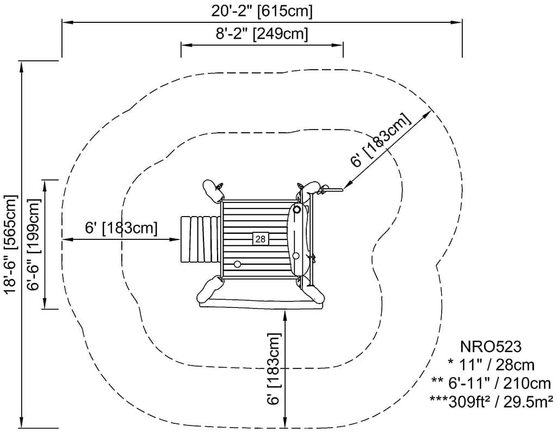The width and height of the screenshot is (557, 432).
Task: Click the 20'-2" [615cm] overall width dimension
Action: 262,10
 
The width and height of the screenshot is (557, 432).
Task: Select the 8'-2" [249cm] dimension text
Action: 262,34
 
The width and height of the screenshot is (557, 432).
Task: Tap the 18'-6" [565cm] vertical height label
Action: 10,244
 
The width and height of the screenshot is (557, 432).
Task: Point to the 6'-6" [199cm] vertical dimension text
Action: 34,244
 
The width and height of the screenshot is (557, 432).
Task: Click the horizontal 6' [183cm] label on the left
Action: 121,227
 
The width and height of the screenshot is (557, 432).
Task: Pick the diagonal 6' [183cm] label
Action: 380,141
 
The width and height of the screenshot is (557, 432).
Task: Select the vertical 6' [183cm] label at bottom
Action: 274,369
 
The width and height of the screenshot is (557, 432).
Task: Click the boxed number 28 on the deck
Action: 260,238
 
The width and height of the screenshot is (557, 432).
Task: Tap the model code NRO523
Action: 491,347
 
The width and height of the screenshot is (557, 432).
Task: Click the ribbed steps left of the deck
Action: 200,239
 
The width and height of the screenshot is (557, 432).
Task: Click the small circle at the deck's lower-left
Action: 237,264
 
